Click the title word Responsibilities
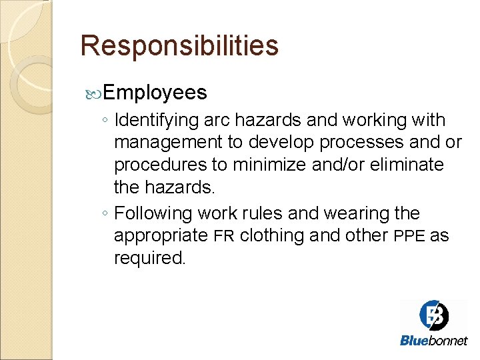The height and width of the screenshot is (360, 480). coord(179,46)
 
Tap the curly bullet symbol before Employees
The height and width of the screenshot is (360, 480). coord(93,93)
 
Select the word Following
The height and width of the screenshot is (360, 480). coord(154,213)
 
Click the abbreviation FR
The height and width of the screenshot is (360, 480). coord(224,236)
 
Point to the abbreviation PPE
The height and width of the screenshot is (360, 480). coord(409,236)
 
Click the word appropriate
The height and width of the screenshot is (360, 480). coord(161,236)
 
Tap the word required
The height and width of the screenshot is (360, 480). coord(150,258)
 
